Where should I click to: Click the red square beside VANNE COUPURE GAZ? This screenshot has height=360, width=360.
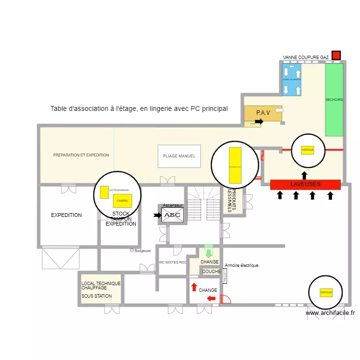(336, 56)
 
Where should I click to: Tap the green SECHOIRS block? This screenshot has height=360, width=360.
(334, 99)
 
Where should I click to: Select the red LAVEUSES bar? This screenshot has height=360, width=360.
(305, 184)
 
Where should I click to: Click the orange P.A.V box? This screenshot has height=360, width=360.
(263, 113)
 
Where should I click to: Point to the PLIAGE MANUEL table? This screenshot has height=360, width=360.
(179, 156)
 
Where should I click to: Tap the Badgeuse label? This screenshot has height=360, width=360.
(143, 251)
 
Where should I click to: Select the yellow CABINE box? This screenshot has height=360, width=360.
(122, 201)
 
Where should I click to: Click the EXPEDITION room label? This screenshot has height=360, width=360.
(66, 215)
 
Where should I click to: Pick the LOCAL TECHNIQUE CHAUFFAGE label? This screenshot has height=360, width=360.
(101, 286)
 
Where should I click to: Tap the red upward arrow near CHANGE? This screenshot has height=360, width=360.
(194, 287)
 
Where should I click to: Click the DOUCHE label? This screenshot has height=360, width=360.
(211, 272)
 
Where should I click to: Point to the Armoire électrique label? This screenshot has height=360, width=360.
(241, 265)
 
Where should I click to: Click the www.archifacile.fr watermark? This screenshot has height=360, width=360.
(330, 313)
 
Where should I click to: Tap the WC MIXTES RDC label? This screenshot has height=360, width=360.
(172, 263)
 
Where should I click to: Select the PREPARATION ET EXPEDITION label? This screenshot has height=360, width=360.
(81, 155)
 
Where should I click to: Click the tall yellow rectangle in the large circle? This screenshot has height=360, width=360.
(235, 165)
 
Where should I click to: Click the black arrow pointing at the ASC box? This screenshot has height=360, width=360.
(157, 216)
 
